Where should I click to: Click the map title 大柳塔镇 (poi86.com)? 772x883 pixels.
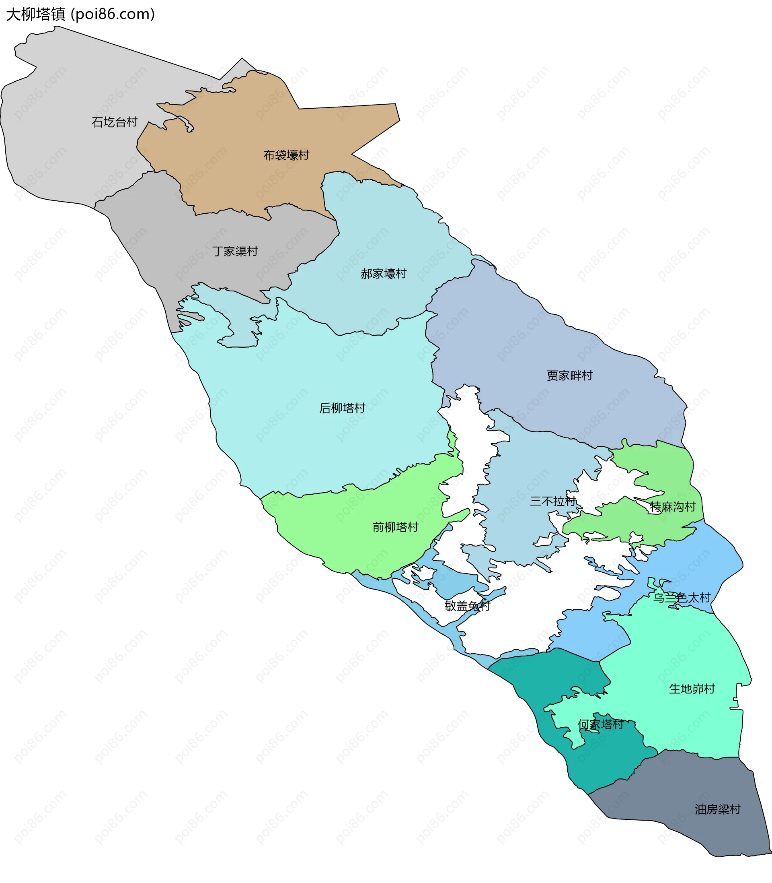point(80,14)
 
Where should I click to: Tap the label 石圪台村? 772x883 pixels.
point(115,122)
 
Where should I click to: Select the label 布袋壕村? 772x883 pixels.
point(286,155)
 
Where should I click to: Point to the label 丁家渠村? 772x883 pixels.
point(235,251)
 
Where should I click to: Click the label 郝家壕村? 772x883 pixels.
point(384,273)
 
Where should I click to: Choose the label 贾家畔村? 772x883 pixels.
point(569,375)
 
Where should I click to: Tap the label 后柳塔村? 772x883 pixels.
point(342,407)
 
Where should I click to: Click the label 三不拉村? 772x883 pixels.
point(553,501)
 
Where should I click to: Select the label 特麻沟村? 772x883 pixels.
point(672,507)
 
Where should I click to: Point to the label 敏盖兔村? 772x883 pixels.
point(467,606)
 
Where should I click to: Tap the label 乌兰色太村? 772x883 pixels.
point(682,598)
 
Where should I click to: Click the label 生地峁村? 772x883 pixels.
point(692,689)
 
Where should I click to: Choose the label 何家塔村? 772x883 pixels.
point(601,724)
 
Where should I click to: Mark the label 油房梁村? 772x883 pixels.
point(717,809)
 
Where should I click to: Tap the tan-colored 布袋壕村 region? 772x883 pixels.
point(241,181)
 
